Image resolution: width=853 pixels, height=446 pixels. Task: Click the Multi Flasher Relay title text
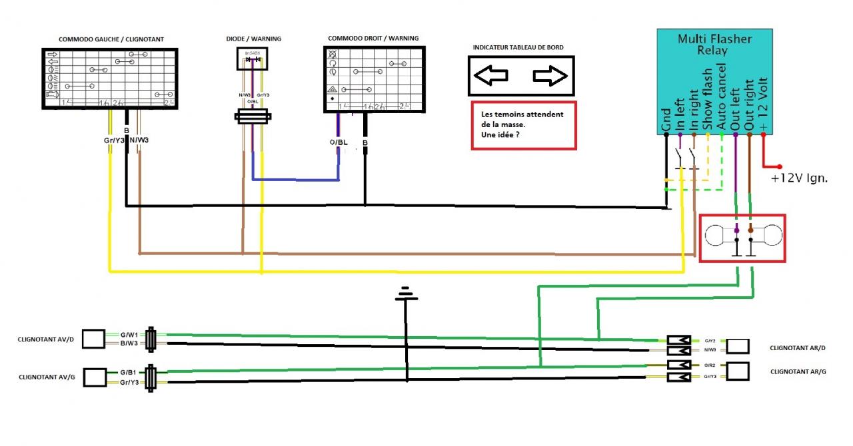(x=714, y=45)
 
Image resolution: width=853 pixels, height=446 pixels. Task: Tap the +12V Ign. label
(x=799, y=178)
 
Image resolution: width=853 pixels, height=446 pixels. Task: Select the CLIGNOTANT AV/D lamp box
(x=93, y=339)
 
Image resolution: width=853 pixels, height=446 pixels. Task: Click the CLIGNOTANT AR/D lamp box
(x=738, y=345)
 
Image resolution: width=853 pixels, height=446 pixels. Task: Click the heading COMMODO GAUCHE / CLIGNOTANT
(x=111, y=39)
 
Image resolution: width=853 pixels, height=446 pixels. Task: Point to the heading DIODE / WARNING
(x=253, y=39)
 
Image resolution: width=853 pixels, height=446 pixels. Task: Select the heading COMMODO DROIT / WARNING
(x=373, y=39)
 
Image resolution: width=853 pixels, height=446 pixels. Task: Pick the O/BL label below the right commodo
(x=338, y=142)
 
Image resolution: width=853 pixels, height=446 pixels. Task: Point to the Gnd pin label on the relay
(x=666, y=119)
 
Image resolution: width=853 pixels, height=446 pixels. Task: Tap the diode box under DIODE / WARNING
(x=253, y=60)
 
